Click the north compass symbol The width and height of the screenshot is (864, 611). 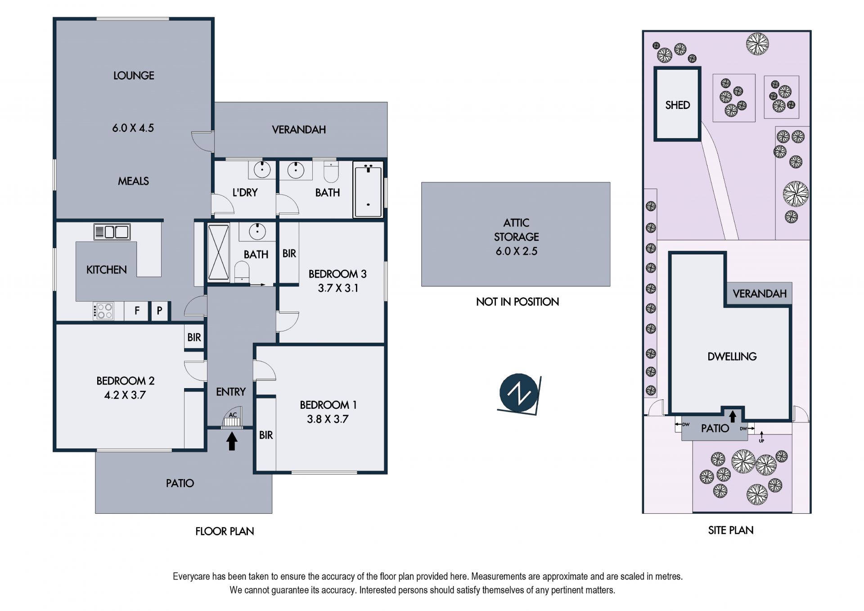(519, 394)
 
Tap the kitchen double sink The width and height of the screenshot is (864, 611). (112, 232)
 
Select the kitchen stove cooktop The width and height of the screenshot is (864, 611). (103, 311)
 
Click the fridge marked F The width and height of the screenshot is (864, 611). (137, 310)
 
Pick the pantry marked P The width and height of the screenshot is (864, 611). (159, 311)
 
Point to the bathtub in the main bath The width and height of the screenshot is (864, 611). (368, 190)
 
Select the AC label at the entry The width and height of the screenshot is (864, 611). (233, 415)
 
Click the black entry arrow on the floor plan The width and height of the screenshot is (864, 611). (232, 441)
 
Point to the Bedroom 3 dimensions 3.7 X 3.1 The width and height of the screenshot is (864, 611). (338, 288)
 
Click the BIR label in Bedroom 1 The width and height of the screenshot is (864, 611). (266, 435)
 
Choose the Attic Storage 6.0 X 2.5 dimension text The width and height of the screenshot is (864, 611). (517, 251)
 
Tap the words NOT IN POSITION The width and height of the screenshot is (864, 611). (517, 302)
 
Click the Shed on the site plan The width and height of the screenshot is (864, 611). (677, 104)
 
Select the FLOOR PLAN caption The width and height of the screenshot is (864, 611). (225, 531)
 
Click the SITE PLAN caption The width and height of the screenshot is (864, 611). (731, 530)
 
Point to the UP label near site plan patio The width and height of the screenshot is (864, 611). (761, 441)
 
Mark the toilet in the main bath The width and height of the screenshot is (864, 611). (331, 172)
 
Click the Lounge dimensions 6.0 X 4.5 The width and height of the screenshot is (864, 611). (133, 128)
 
